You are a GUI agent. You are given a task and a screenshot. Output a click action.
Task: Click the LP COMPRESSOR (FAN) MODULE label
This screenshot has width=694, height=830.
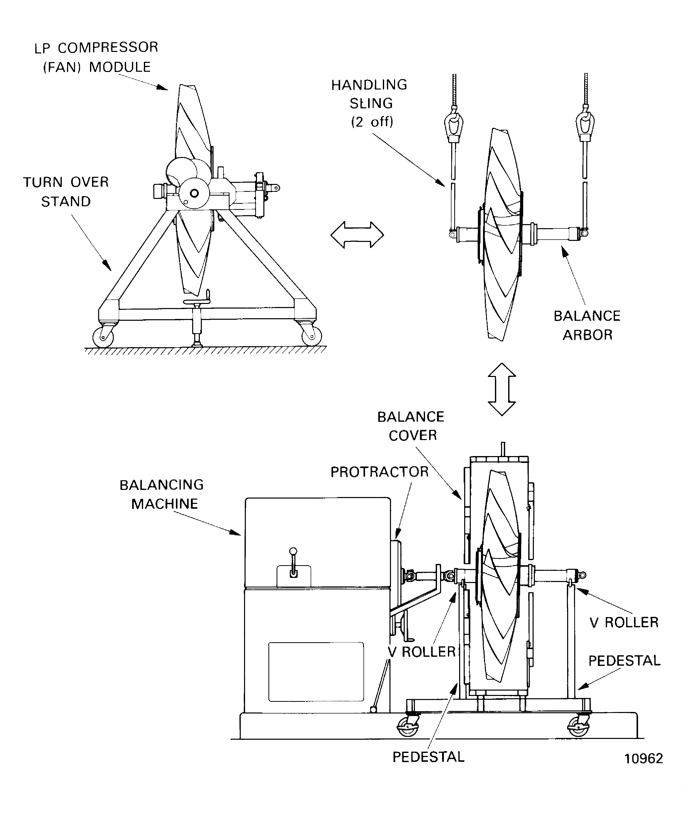(x=96, y=57)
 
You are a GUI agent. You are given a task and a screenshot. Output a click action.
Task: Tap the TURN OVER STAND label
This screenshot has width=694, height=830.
(x=66, y=192)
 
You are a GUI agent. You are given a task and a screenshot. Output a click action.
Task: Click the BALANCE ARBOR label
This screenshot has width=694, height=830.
(x=587, y=325)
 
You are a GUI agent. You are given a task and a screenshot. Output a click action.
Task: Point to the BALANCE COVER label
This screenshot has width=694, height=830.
(x=411, y=426)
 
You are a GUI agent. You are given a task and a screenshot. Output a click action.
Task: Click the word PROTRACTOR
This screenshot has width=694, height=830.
(x=379, y=472)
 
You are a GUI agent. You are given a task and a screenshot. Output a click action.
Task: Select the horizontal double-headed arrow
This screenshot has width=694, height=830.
(x=357, y=235)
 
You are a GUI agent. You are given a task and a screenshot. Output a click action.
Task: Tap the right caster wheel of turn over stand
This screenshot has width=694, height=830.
(x=311, y=337)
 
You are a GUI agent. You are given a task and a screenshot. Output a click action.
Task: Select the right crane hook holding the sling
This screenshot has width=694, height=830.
(x=585, y=123)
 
